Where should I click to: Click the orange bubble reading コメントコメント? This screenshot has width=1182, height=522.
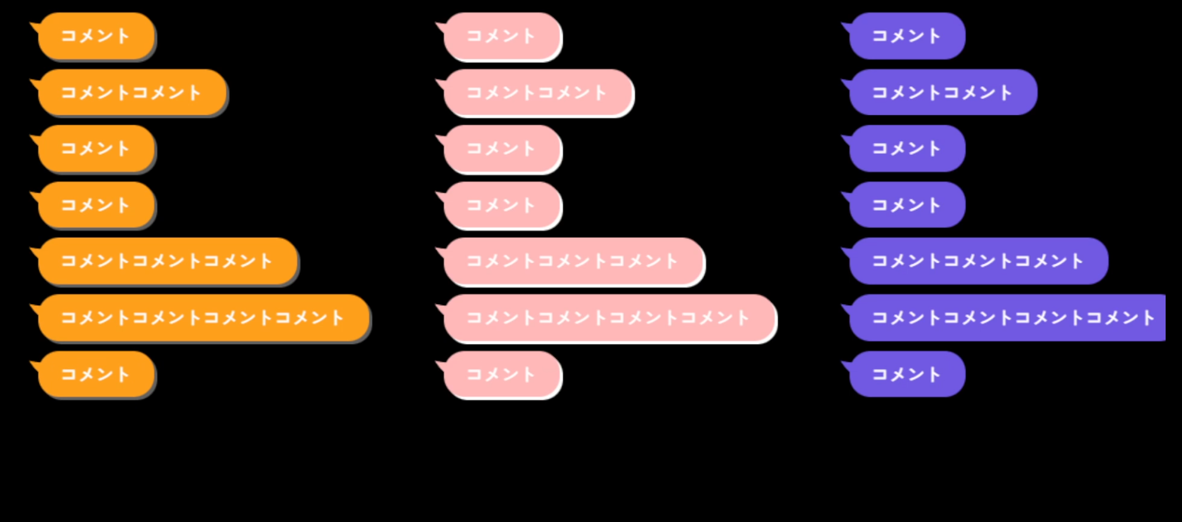pos(132,93)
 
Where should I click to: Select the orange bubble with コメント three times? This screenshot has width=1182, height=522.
pos(167,261)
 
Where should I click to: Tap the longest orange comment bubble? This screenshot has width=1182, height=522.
pos(203,317)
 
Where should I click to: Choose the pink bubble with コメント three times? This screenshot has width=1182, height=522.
pos(573,261)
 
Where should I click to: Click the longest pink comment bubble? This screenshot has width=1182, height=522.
pos(609,317)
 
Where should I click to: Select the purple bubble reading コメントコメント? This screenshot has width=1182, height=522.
pos(943,93)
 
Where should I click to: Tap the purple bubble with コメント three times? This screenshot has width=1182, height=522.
pos(978,261)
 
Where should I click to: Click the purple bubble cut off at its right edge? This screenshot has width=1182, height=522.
pos(1008,317)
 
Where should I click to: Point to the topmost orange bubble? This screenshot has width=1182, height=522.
pos(96,36)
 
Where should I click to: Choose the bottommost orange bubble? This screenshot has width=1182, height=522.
pos(96,374)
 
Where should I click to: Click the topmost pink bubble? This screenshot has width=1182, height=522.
pos(502,36)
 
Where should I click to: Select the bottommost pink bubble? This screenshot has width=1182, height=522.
pos(502,374)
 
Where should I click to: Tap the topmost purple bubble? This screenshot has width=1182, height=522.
pos(907,36)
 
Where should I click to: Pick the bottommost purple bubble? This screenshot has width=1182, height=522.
pos(907,374)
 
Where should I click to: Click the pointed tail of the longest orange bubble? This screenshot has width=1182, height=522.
pos(35,308)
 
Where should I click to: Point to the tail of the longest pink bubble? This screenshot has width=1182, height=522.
pos(441,308)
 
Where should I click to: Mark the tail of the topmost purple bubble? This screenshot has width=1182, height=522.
pos(846,26)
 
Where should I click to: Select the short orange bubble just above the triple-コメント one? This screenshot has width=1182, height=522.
pos(96,205)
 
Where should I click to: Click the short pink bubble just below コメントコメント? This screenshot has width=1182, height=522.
pos(502,149)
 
